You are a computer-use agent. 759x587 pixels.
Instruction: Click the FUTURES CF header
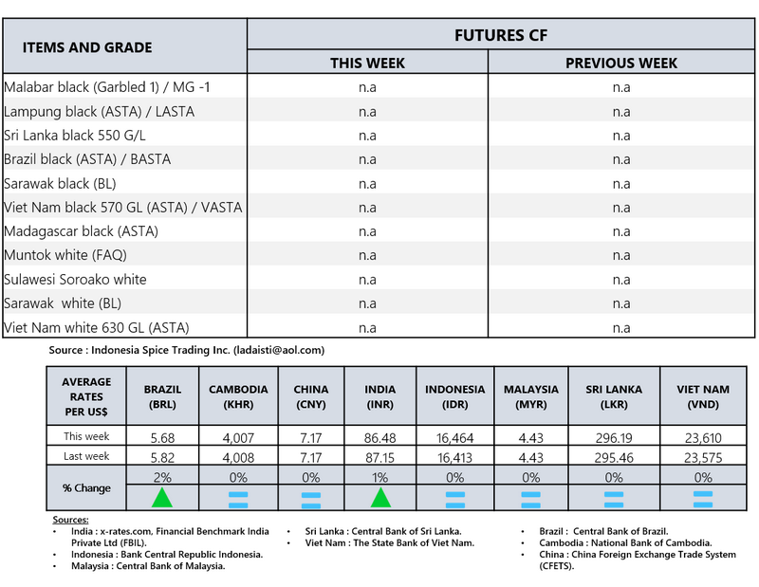pyautogui.click(x=503, y=35)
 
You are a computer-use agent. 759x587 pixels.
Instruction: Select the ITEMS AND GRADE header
pyautogui.click(x=87, y=47)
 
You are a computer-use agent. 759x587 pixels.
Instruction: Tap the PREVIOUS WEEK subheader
pyautogui.click(x=621, y=64)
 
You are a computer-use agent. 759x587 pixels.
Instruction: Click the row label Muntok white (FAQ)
pyautogui.click(x=65, y=255)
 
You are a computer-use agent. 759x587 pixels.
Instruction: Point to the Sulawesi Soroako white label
pyautogui.click(x=76, y=280)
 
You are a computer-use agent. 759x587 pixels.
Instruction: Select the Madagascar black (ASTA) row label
pyautogui.click(x=82, y=231)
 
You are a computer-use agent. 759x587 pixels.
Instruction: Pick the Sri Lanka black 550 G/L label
pyautogui.click(x=75, y=136)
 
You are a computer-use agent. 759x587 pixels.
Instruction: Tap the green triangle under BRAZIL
pyautogui.click(x=162, y=497)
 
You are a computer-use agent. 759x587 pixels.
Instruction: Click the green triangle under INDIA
pyautogui.click(x=380, y=497)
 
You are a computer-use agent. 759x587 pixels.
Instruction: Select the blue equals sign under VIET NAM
pyautogui.click(x=703, y=497)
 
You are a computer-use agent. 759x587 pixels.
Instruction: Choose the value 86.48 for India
pyautogui.click(x=380, y=437)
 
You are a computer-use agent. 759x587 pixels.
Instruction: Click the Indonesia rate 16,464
pyautogui.click(x=454, y=437)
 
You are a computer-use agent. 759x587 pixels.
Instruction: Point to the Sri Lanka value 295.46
pyautogui.click(x=614, y=456)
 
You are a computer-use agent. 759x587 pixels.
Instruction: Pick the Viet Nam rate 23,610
pyautogui.click(x=703, y=437)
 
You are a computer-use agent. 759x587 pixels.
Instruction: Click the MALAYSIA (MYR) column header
pyautogui.click(x=530, y=396)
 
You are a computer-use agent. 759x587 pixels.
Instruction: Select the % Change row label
pyautogui.click(x=86, y=488)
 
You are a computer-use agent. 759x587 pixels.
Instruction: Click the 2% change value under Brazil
pyautogui.click(x=162, y=476)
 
